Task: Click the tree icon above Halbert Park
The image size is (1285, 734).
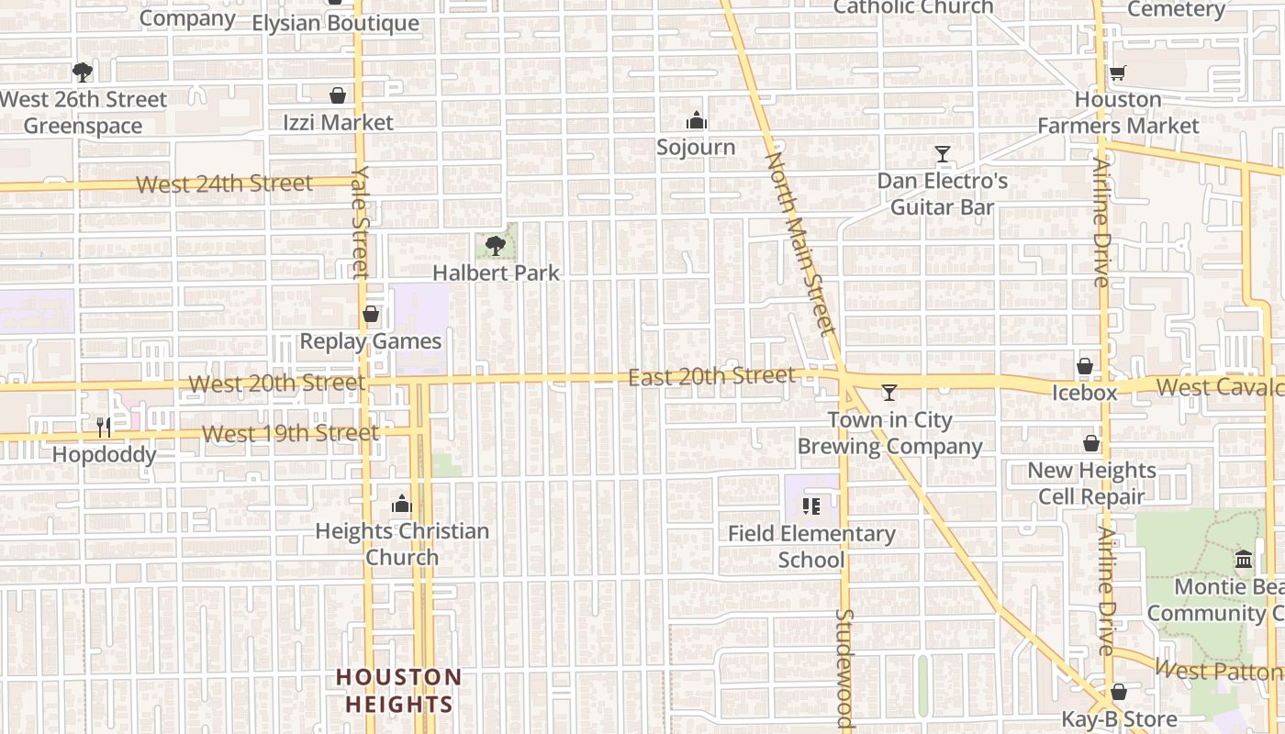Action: [x=496, y=245]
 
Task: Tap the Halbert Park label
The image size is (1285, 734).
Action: [x=496, y=273]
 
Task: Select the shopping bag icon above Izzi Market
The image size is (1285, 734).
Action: [x=338, y=95]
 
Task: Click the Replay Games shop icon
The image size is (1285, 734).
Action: [x=371, y=315]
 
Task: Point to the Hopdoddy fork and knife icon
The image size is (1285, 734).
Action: [x=104, y=428]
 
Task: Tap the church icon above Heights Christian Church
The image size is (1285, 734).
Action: [x=402, y=504]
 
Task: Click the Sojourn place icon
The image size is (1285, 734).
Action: [x=697, y=121]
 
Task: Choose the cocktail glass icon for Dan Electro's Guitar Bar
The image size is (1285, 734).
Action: [x=943, y=153]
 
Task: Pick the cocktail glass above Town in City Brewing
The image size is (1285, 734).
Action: [x=888, y=393]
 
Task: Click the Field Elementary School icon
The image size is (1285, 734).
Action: [x=811, y=506]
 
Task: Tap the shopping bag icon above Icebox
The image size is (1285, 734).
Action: [x=1085, y=366]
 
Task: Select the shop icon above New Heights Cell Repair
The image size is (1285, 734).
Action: [x=1091, y=444]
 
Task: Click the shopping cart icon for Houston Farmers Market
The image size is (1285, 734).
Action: [x=1118, y=73]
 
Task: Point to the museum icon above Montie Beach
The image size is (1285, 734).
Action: [x=1244, y=559]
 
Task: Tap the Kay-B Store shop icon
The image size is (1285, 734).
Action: [x=1119, y=692]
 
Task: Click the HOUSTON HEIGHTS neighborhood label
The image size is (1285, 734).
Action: [x=398, y=691]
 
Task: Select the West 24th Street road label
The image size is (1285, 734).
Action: [x=224, y=183]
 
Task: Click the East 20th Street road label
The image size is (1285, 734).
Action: [x=711, y=376]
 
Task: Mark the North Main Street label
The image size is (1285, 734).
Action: [x=801, y=242]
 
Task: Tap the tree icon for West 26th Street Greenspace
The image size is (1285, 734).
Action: [x=83, y=72]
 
